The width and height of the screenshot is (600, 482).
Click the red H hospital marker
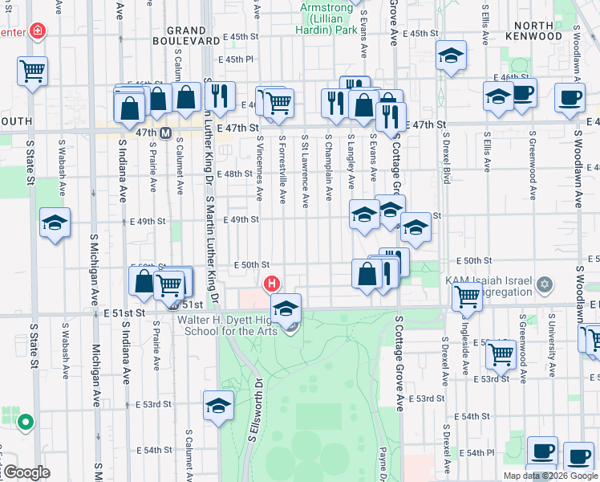point(272,284)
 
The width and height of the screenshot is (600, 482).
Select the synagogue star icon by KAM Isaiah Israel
point(545,284)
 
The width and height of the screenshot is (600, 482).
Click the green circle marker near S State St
point(26,421)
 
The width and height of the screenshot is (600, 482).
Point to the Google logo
point(26,472)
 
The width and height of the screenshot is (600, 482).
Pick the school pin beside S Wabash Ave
point(55,223)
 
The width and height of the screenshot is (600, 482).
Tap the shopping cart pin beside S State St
point(32,70)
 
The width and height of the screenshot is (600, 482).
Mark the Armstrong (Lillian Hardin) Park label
point(328,18)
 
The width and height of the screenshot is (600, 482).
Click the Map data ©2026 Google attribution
point(550,476)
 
